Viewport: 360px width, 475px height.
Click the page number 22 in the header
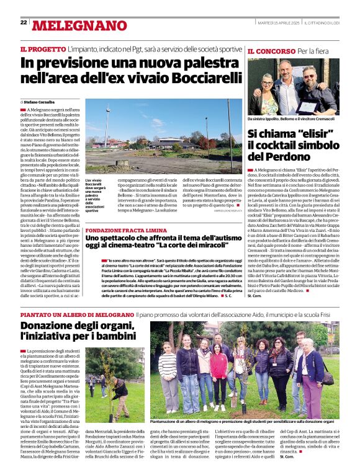coord(24,22)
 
